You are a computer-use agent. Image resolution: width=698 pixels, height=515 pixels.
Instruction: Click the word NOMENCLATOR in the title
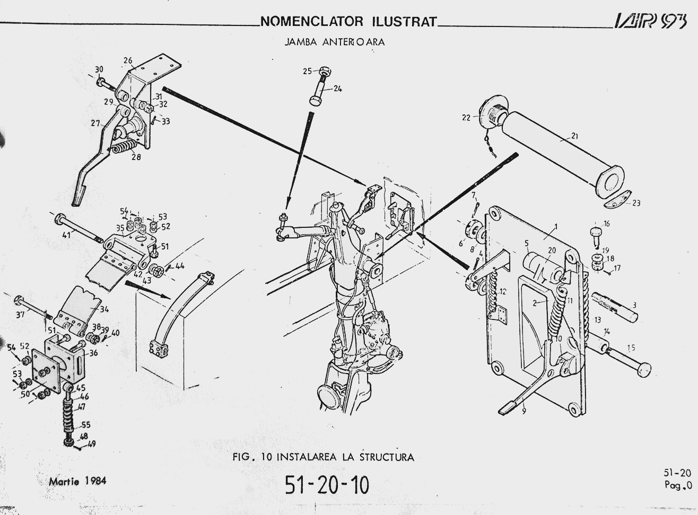tap(312, 22)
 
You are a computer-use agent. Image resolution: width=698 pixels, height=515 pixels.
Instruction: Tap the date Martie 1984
tap(77, 482)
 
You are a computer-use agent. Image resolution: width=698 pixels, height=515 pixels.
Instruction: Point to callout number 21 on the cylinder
tap(574, 136)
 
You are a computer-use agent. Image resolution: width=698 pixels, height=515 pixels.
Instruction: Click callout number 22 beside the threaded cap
tap(466, 118)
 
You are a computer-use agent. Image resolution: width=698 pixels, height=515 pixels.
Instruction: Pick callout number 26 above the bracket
tap(128, 60)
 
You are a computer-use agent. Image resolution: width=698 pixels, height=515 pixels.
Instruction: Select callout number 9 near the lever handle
tap(524, 411)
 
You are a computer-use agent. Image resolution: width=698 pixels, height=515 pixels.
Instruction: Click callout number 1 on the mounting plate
tap(555, 226)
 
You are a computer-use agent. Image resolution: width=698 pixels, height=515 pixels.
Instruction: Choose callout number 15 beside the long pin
tap(631, 348)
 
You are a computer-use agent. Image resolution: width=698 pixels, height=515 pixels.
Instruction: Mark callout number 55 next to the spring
tap(86, 425)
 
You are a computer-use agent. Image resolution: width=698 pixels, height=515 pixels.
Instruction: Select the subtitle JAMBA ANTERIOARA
tap(335, 42)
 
